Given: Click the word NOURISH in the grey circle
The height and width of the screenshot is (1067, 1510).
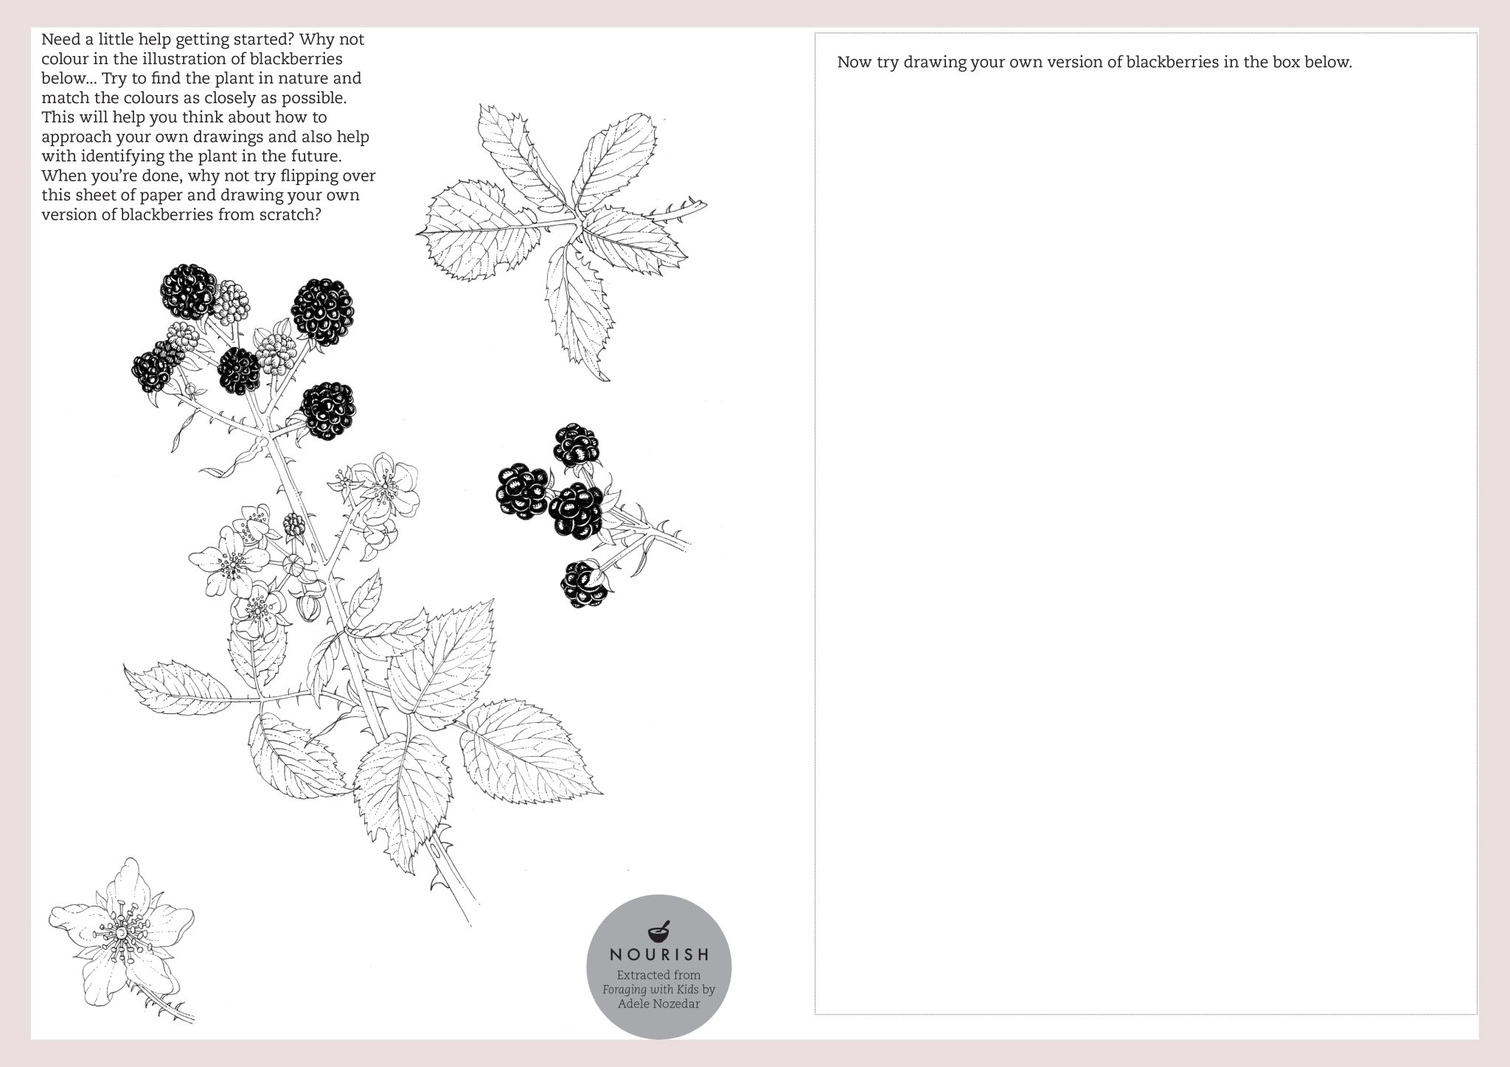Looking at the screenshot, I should click(659, 955).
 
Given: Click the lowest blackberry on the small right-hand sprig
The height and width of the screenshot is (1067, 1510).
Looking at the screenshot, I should click(584, 584).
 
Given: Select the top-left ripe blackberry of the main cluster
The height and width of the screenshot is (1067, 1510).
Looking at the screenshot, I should click(189, 290).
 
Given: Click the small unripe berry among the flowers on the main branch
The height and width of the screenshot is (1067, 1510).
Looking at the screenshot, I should click(294, 525).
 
